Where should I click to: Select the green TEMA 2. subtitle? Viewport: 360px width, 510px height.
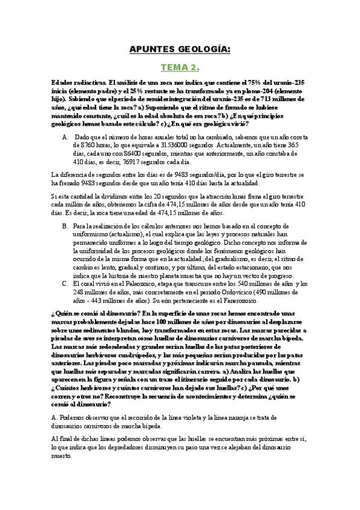coord(179,68)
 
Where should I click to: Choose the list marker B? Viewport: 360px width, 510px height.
coord(66,226)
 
